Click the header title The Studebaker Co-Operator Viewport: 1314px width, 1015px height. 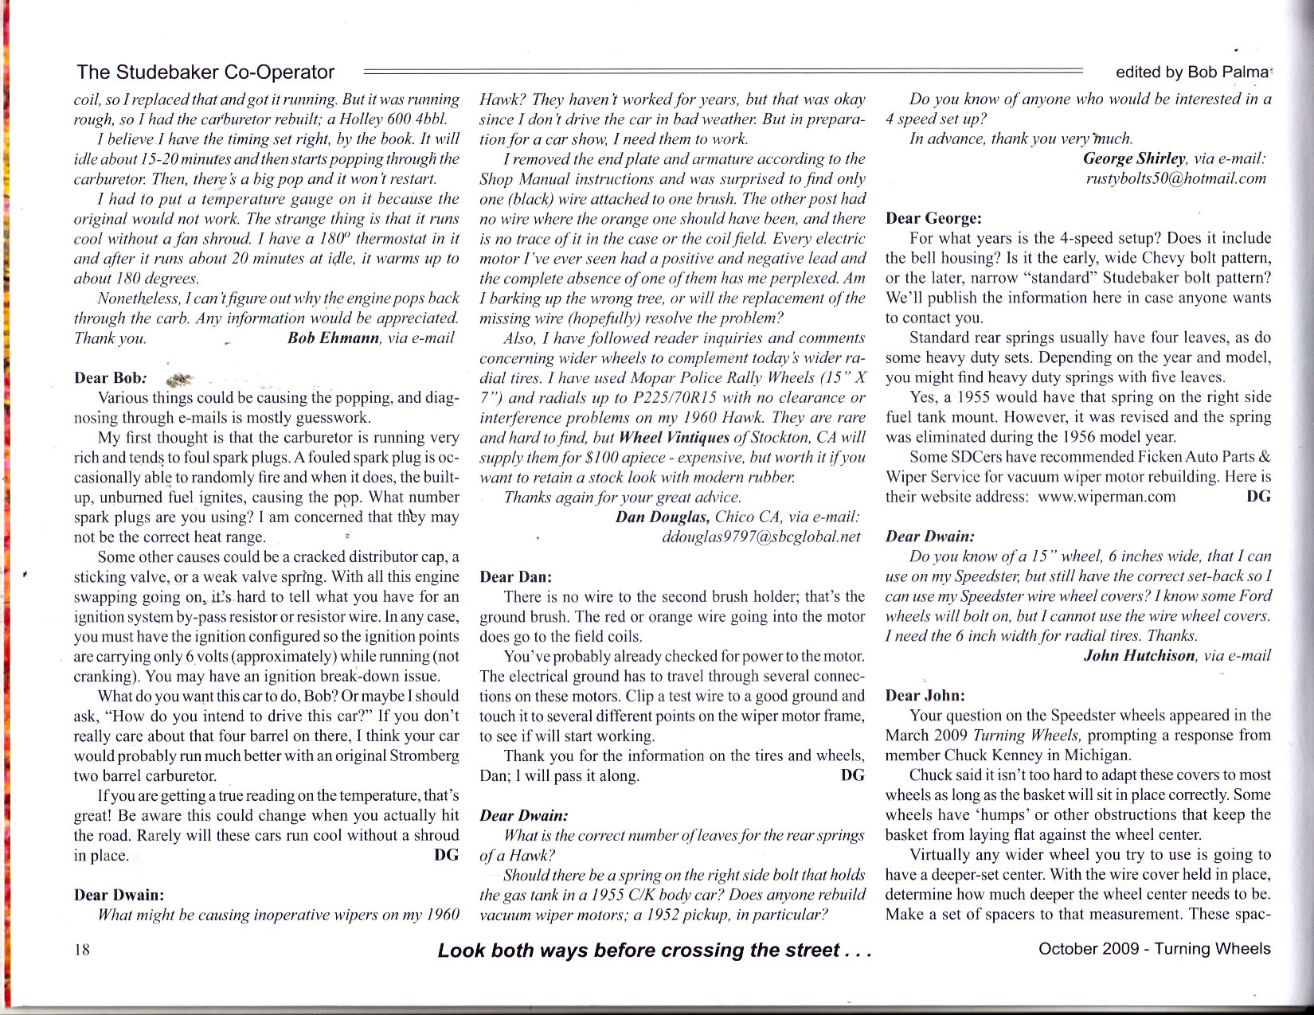point(205,72)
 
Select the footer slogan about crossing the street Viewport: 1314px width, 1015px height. point(655,950)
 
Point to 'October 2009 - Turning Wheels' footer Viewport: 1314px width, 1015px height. point(1154,949)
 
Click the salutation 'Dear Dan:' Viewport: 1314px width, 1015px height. point(515,576)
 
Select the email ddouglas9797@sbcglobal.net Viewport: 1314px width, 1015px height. point(761,537)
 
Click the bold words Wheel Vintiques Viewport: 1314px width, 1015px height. point(674,437)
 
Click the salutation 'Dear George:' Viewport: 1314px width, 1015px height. point(933,218)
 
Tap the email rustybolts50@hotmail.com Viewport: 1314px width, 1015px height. point(1175,178)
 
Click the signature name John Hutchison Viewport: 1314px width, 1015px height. point(1140,655)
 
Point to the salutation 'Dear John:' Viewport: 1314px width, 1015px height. point(925,695)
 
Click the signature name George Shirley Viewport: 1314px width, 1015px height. point(1135,158)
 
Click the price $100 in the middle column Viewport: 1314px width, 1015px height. point(601,457)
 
